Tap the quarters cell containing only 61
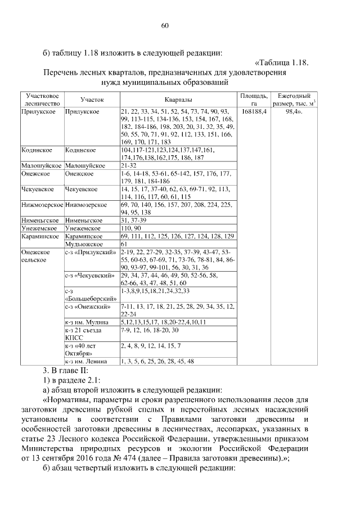coord(124,245)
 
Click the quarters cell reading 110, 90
coord(131,229)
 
